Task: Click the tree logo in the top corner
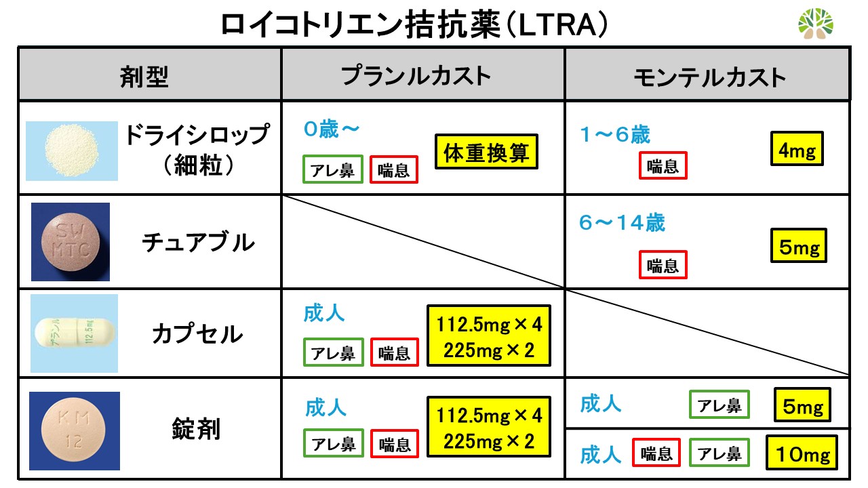pos(816,24)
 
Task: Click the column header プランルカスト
pos(416,75)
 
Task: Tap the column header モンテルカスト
pos(709,77)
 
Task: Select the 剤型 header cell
pos(144,77)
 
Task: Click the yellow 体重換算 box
pos(486,151)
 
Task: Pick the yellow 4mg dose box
pos(797,148)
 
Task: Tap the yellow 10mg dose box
pos(802,453)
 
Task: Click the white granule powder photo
pos(72,150)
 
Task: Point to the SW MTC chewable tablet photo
pos(71,242)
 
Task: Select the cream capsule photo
pos(74,333)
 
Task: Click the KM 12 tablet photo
pos(75,431)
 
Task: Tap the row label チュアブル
pos(198,243)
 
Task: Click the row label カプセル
pos(197,334)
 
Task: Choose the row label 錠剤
pos(196,429)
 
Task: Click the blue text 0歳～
pos(332,129)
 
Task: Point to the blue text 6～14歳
pos(622,223)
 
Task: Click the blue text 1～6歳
pos(615,135)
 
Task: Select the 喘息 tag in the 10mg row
pos(656,452)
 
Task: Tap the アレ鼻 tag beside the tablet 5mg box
pos(719,405)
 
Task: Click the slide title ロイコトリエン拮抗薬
pos(360,24)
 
